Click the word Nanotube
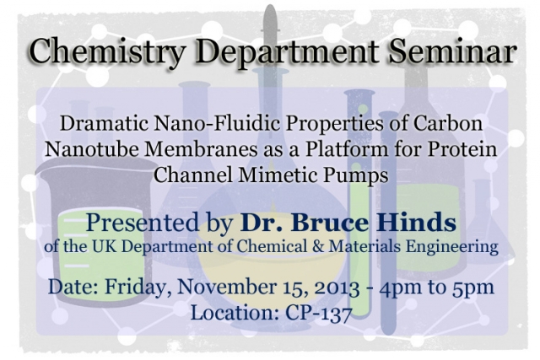point(92,149)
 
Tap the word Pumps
point(355,175)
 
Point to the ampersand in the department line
point(318,246)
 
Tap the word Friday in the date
point(136,287)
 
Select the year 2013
point(337,287)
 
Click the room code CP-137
point(319,313)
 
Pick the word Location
point(235,313)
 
